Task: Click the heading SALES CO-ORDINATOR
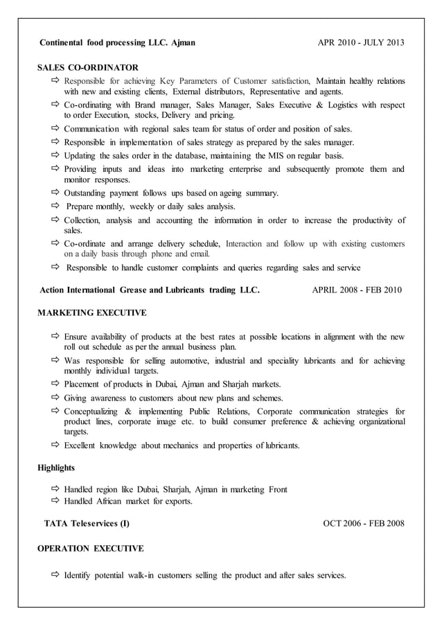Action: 87,67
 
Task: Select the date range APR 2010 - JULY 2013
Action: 361,42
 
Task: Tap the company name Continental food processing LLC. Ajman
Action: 117,42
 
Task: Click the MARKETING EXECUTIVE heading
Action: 91,312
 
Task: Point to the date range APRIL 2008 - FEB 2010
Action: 356,290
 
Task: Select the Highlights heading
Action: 56,468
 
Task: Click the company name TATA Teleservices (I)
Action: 87,523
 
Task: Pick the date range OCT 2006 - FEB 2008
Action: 364,523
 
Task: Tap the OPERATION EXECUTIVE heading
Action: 90,548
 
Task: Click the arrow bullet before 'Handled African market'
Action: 55,501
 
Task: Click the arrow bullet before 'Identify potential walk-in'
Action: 55,576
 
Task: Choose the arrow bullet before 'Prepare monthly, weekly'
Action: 55,206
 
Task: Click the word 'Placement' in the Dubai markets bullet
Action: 83,384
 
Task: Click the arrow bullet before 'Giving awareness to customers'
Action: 55,398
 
